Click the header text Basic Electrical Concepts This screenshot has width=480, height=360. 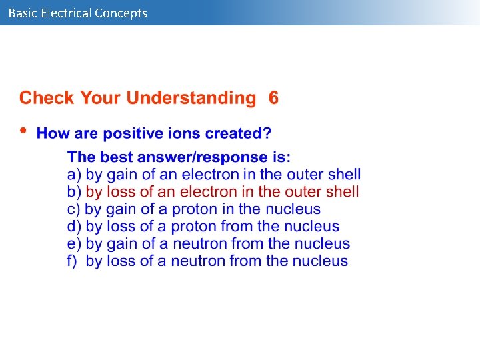coord(77,13)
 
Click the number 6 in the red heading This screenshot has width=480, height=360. coord(273,98)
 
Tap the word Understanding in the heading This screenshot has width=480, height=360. coord(191,99)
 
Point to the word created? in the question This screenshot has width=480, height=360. coord(238,133)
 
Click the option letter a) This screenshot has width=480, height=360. coord(74,175)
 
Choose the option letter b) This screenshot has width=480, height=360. coord(74,192)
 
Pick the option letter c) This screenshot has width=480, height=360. coord(73,209)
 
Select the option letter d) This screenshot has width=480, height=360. coord(74,227)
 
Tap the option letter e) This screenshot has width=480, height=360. coord(74,244)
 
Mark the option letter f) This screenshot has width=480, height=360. coord(73,261)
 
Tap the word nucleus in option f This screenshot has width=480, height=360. coord(320,261)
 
